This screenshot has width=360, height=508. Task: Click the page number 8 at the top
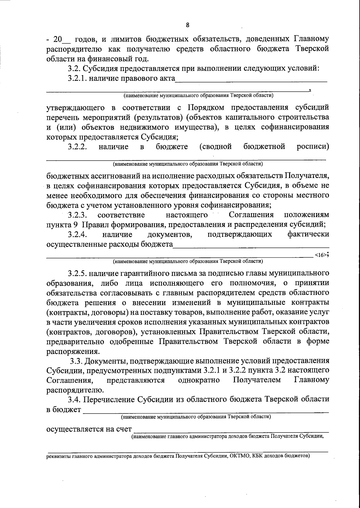(187, 25)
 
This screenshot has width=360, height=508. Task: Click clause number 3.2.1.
(78, 79)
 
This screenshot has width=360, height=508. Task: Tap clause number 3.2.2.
(77, 147)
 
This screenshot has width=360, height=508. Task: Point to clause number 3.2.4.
(77, 234)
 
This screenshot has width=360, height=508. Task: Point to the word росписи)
(313, 147)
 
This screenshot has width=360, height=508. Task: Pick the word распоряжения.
(72, 351)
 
